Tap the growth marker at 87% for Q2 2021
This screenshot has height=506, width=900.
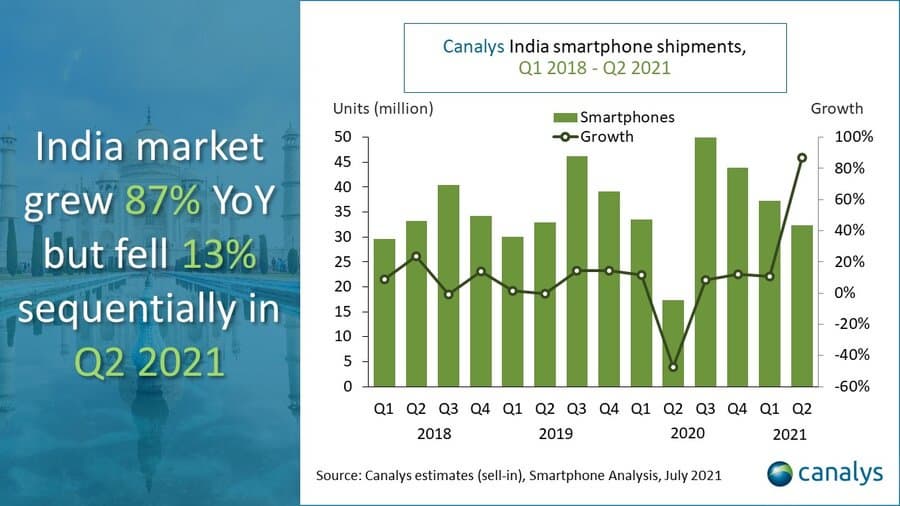801,157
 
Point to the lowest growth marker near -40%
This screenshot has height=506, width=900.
674,367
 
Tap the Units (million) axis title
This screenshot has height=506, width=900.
382,108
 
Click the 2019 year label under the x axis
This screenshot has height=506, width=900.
560,434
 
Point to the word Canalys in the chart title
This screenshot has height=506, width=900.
473,46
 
